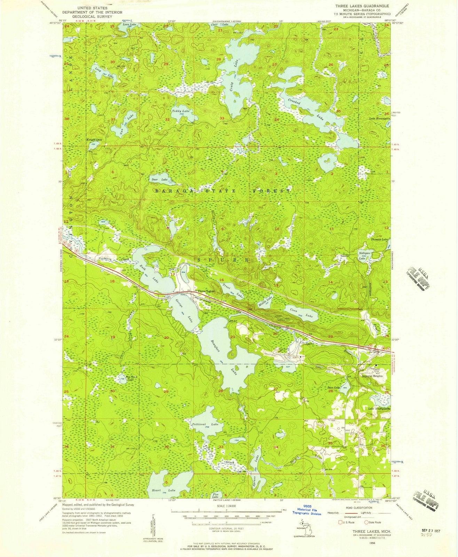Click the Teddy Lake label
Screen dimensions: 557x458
point(181,111)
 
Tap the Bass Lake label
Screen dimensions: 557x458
point(334,387)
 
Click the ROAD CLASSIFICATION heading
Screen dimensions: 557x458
point(353,508)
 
